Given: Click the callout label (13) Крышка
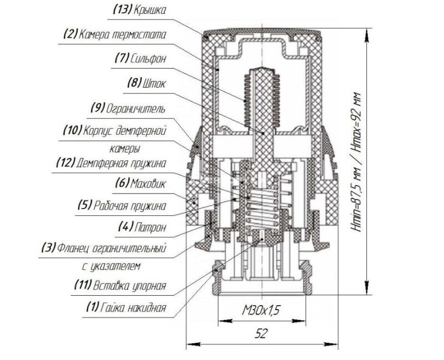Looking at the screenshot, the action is point(139,10).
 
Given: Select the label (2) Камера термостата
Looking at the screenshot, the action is point(114,34).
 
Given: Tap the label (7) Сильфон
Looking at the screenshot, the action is point(140,59).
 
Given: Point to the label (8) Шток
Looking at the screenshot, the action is point(146,84).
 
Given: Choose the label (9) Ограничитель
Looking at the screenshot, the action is point(128,109).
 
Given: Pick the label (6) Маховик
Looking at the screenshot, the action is point(140,184).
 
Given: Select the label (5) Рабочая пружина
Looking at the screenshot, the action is point(122,205).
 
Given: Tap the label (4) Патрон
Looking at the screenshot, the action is point(142,227).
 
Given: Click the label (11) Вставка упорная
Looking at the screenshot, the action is point(120,285).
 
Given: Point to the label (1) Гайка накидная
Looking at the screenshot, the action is point(126,307).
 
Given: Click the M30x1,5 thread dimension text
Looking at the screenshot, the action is point(261,311).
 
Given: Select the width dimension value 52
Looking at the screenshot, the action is point(261,334).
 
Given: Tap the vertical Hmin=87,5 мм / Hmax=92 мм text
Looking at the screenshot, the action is point(356,162).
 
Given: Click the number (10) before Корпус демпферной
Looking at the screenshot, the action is point(72,130).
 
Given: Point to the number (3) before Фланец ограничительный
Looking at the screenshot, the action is point(48,248).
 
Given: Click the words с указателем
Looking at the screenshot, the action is point(110,266).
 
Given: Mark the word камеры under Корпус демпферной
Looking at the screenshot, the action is point(125,149).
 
